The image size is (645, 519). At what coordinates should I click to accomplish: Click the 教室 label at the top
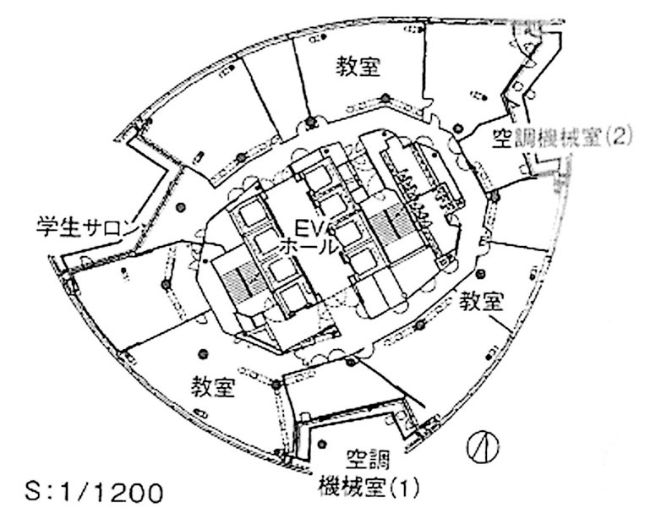(358, 67)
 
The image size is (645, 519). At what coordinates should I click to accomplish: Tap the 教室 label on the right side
(481, 301)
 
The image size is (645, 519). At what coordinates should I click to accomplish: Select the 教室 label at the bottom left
(213, 387)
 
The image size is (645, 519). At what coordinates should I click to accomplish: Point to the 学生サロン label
(86, 227)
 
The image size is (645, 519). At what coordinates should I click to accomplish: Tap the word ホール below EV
(309, 248)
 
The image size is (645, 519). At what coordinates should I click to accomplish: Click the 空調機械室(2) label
(562, 138)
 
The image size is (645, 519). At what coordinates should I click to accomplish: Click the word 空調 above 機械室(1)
(368, 461)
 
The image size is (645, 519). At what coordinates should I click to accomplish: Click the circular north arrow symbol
(484, 448)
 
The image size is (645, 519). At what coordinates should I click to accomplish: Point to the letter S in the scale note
(34, 493)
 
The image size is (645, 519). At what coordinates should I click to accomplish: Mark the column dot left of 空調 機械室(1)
(322, 444)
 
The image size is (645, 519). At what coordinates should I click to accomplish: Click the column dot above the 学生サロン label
(179, 208)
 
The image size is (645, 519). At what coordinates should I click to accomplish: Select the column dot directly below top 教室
(385, 98)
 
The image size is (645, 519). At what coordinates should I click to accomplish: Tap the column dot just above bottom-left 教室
(203, 353)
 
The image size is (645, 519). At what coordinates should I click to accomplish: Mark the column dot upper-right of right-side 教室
(480, 274)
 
